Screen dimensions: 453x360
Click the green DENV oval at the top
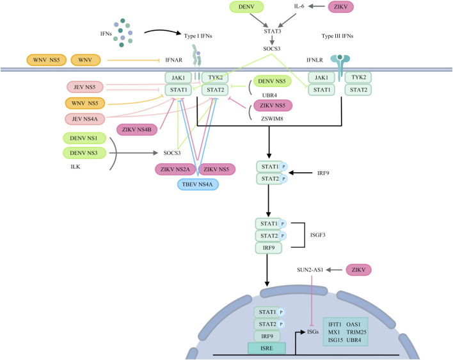pyautogui.click(x=246, y=6)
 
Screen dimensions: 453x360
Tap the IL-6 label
pyautogui.click(x=299, y=6)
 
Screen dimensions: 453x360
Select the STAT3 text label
pyautogui.click(x=272, y=31)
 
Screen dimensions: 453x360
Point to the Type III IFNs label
pyautogui.click(x=337, y=36)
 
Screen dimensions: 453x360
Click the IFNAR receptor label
pyautogui.click(x=173, y=60)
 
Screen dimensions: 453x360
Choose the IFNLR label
pyautogui.click(x=315, y=60)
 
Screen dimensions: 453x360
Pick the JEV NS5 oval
pyautogui.click(x=84, y=87)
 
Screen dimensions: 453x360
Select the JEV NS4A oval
pyautogui.click(x=85, y=119)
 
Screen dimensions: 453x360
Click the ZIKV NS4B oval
pyautogui.click(x=137, y=129)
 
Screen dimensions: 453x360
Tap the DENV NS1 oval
pyautogui.click(x=84, y=138)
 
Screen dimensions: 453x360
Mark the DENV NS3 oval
pyautogui.click(x=84, y=153)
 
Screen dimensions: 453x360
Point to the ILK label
pyautogui.click(x=75, y=167)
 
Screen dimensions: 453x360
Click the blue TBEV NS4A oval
pyautogui.click(x=198, y=184)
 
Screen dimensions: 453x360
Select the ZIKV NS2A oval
pyautogui.click(x=175, y=169)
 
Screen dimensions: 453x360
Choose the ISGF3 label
pyautogui.click(x=317, y=235)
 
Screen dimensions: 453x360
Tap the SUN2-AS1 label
pyautogui.click(x=310, y=270)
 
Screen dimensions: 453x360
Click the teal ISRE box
pyautogui.click(x=267, y=348)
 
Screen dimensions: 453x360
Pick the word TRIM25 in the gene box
pyautogui.click(x=356, y=332)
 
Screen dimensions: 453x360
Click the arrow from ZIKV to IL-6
pyautogui.click(x=316, y=6)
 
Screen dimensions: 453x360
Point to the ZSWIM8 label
pyautogui.click(x=272, y=119)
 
